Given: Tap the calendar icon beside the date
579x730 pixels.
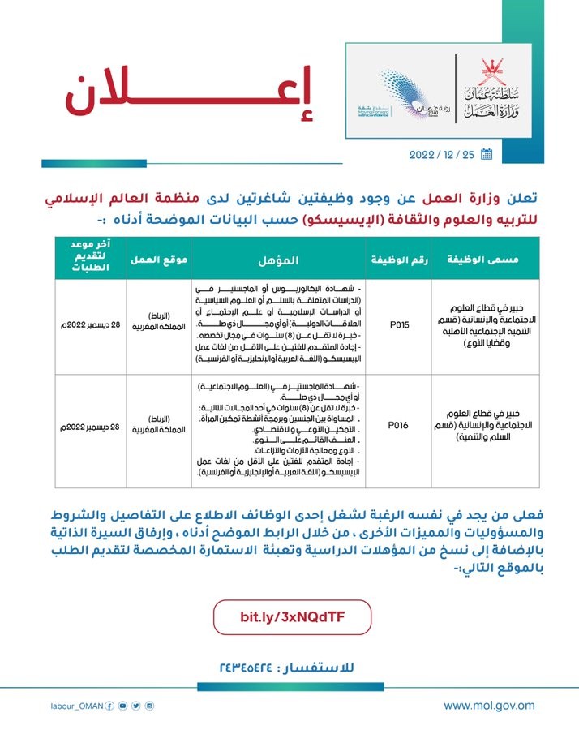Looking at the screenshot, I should pos(487,153).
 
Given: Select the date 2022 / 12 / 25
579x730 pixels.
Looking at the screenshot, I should pos(443,154).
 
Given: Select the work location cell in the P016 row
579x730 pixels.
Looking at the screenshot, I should pos(159,423).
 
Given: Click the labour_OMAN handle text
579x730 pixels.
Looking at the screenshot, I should pos(76,706).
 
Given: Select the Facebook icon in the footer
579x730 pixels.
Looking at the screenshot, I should pos(109,706).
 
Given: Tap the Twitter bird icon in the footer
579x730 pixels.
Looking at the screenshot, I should pos(135,706).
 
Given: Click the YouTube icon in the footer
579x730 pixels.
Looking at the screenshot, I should pos(122,706).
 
